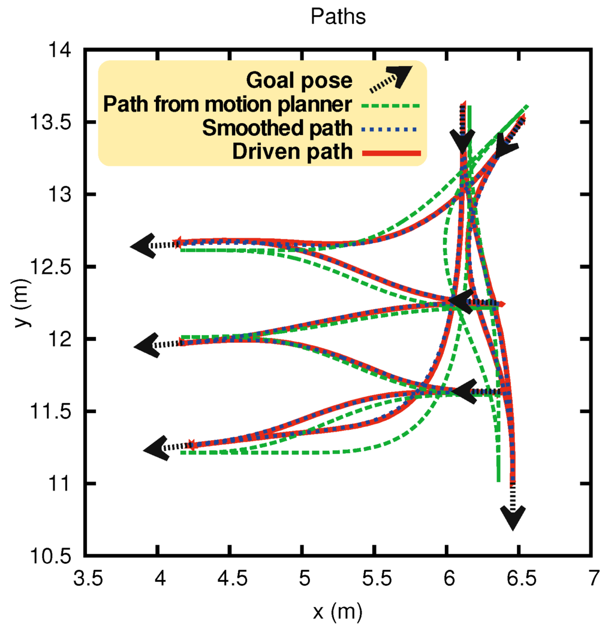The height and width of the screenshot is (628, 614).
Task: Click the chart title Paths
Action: [338, 17]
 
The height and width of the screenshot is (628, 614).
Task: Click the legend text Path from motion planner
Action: [227, 104]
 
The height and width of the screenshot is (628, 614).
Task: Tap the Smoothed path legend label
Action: [277, 128]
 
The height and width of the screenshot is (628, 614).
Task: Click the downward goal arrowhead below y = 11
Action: [513, 518]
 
